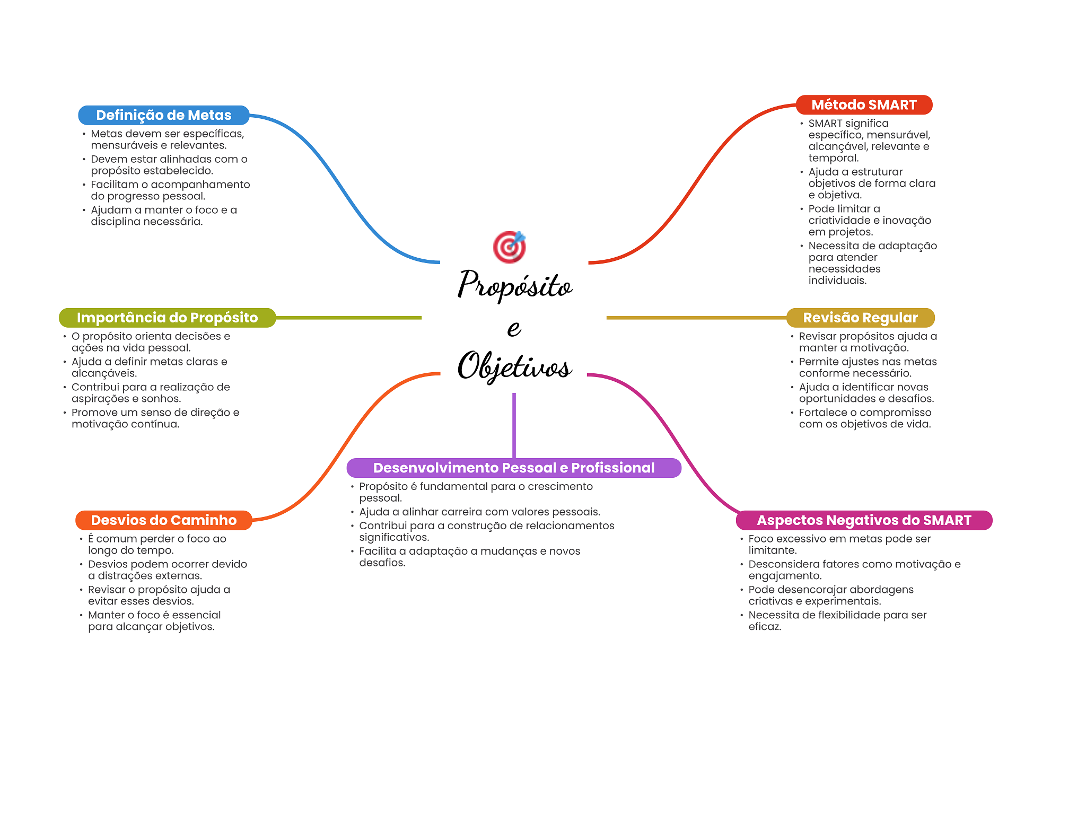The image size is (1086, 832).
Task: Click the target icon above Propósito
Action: (x=509, y=247)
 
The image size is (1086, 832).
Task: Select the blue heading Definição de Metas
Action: (x=163, y=115)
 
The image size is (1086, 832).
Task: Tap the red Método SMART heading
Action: (x=864, y=105)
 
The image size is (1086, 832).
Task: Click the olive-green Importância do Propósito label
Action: (x=167, y=318)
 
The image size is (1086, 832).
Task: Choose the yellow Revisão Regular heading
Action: (x=860, y=318)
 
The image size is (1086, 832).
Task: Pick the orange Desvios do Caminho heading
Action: (x=163, y=520)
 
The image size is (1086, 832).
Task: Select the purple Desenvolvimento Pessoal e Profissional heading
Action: (x=513, y=468)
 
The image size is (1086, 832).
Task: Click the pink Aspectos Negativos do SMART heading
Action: (x=864, y=520)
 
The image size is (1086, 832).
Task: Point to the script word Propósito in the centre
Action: (x=515, y=285)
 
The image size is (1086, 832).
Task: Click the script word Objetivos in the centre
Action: (x=514, y=366)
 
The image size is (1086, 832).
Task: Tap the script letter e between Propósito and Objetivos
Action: (x=514, y=328)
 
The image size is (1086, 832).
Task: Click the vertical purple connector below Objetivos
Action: (x=514, y=424)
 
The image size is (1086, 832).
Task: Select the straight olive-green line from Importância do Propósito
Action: (x=348, y=318)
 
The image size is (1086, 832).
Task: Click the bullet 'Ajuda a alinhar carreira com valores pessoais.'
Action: (x=479, y=512)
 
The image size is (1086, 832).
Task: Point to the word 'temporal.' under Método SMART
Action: (x=833, y=158)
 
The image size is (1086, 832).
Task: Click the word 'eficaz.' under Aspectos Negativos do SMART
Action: (x=765, y=627)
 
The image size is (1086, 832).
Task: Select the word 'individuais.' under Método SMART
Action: (x=837, y=281)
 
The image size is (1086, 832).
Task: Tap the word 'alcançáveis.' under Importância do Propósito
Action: (x=104, y=373)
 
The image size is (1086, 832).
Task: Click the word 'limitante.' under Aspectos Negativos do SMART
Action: (x=772, y=550)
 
